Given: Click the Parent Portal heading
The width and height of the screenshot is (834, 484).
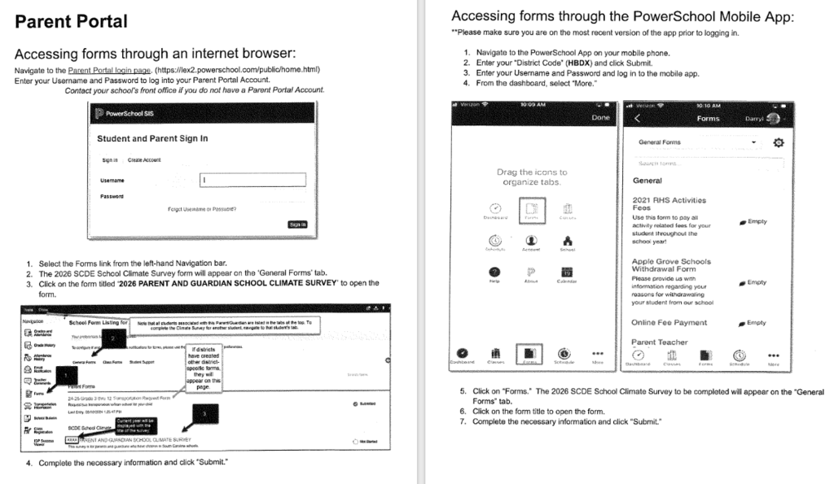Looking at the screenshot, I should point(71,21).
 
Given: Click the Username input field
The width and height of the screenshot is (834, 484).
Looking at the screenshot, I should point(252,180).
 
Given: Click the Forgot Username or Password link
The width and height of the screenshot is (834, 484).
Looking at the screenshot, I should point(202,209).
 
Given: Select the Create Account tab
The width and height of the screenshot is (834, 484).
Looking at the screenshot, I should point(146,159).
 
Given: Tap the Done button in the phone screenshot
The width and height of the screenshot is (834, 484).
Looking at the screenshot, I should point(599,117).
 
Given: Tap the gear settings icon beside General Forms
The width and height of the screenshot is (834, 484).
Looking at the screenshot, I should point(778,142).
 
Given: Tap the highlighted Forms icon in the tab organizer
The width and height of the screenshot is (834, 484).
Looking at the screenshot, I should point(529,210).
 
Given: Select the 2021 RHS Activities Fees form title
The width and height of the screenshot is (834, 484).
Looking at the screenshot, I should point(669,204).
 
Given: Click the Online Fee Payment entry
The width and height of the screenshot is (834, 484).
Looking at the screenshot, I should point(669,323).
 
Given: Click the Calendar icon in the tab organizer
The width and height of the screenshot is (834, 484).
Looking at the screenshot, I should point(568,274).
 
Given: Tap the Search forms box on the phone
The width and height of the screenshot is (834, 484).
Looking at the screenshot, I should point(707,164).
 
